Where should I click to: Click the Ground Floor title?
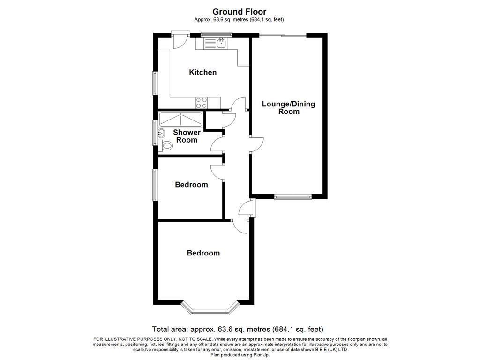click(x=240, y=12)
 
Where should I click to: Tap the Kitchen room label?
click(x=202, y=72)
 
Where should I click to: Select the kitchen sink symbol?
click(x=215, y=44)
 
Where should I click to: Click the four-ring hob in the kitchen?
click(x=202, y=102)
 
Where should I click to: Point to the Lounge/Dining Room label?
click(x=288, y=108)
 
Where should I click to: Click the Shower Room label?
click(x=187, y=136)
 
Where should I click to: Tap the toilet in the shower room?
click(x=165, y=146)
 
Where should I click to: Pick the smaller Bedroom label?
click(x=191, y=185)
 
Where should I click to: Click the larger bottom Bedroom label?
click(x=203, y=253)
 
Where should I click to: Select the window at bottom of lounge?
click(x=293, y=197)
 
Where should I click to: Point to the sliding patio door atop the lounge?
click(x=283, y=35)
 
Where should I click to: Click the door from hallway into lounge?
click(x=256, y=144)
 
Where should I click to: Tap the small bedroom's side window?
click(x=155, y=185)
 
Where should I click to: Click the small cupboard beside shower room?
click(x=214, y=120)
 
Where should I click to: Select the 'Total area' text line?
click(x=238, y=329)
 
